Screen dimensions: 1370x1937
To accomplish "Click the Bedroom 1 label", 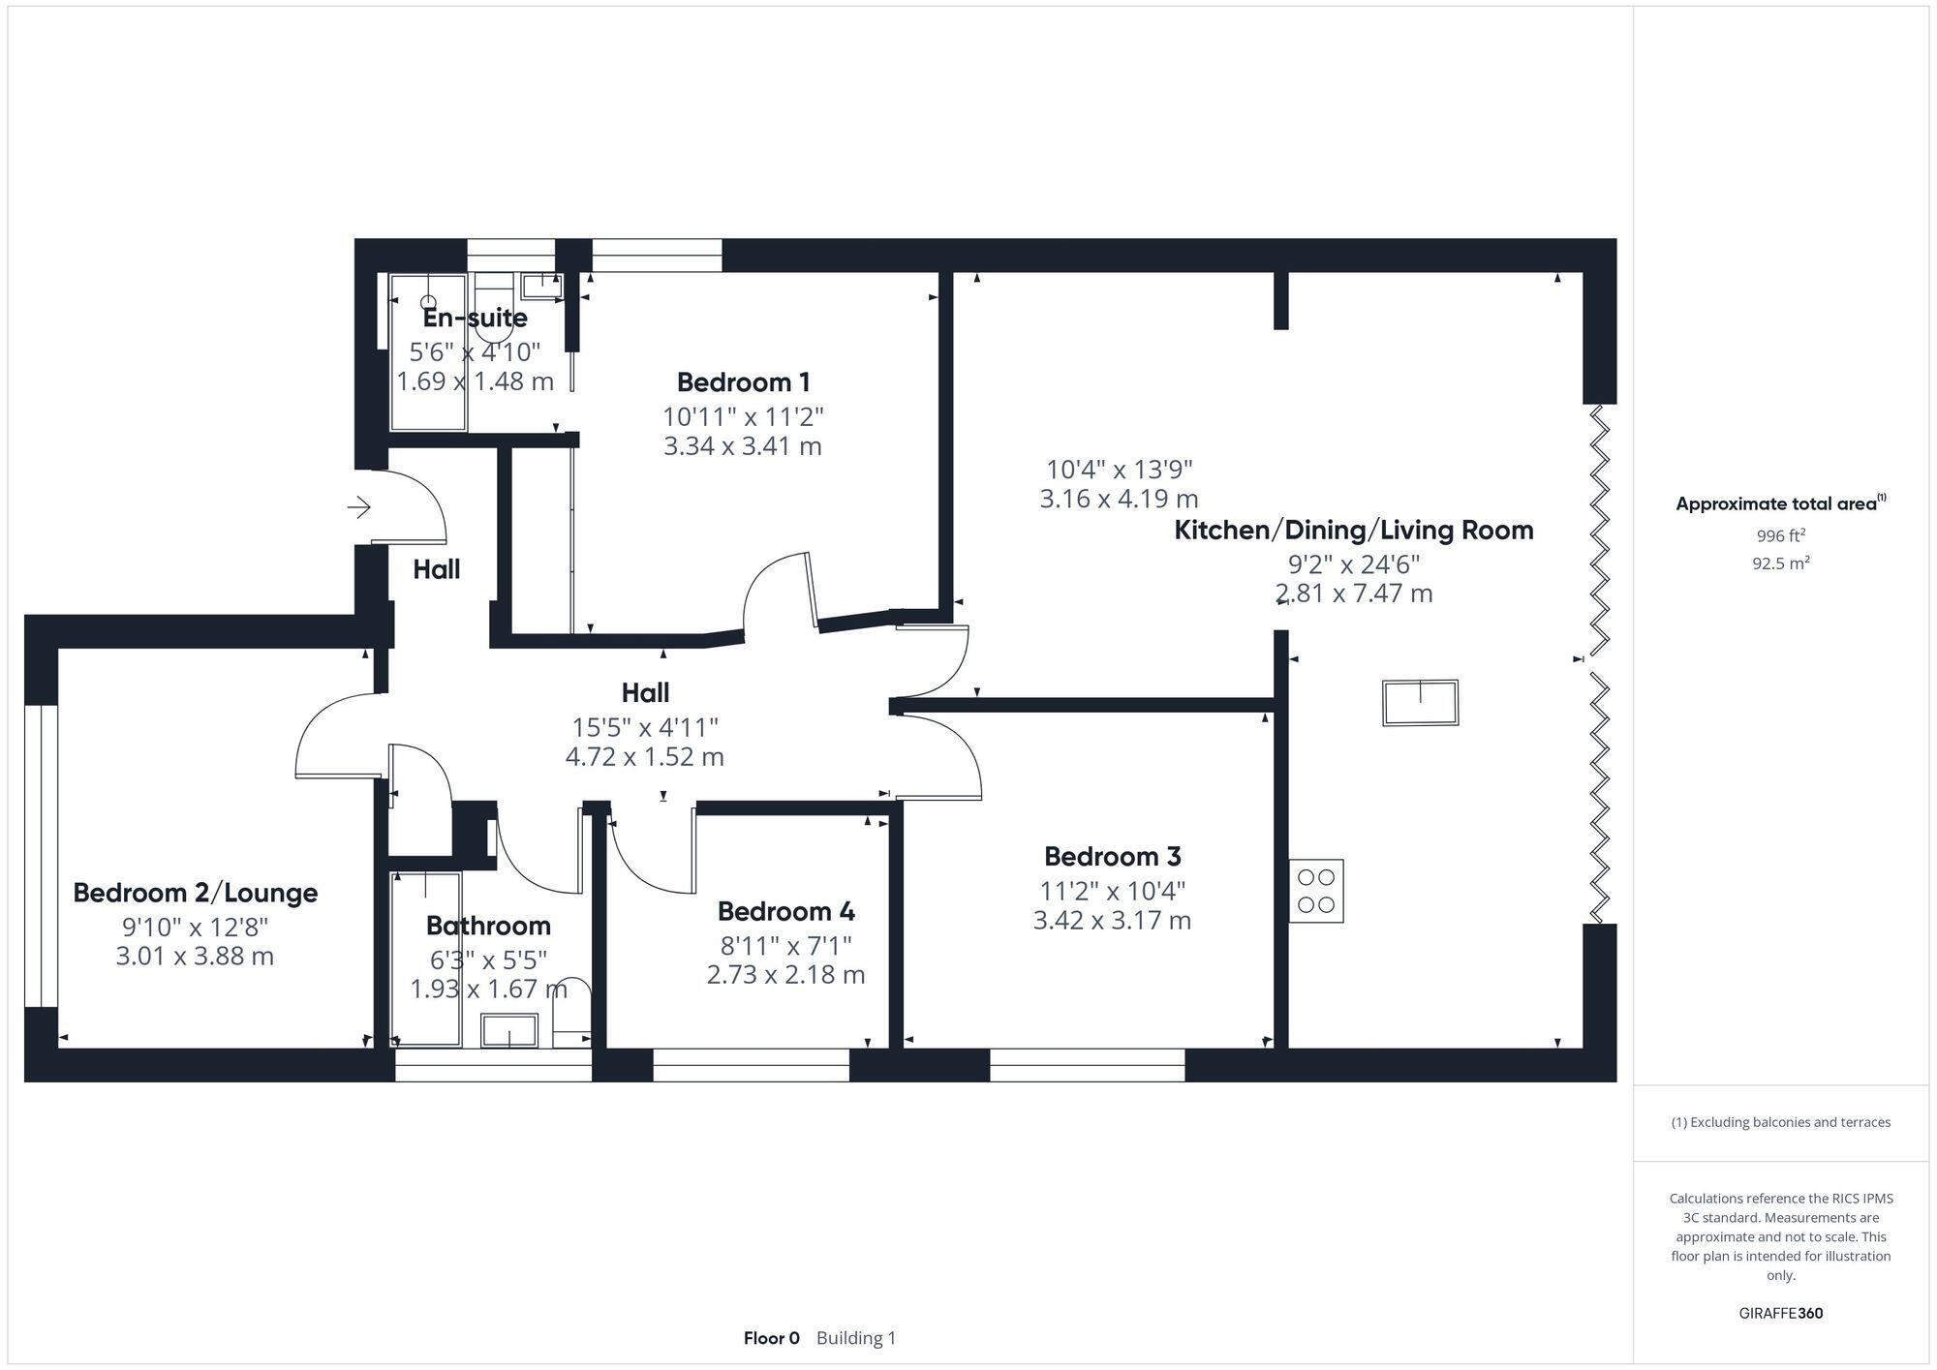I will click(x=743, y=382).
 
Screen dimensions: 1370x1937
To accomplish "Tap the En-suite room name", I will click(x=475, y=318).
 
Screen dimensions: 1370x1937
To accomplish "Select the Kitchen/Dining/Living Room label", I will click(x=1353, y=531).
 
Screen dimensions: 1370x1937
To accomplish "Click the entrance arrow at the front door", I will click(x=359, y=506).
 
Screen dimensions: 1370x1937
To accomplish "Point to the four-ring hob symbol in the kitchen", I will click(x=1315, y=891).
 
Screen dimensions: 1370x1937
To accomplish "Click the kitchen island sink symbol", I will click(x=1420, y=702).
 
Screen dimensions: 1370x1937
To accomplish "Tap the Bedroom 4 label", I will click(x=785, y=911).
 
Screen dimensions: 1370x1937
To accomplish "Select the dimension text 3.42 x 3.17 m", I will click(x=1112, y=920).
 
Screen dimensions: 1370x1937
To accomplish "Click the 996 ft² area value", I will click(x=1780, y=535).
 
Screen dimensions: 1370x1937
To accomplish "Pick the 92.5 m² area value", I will click(x=1780, y=563).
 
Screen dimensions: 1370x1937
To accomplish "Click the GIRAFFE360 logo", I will click(x=1780, y=1313).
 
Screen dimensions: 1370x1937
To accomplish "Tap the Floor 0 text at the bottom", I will click(x=771, y=1338).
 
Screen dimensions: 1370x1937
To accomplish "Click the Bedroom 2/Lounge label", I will click(x=195, y=893).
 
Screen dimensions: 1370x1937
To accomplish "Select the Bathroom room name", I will click(x=488, y=926).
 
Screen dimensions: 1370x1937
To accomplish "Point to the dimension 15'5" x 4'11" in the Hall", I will click(x=644, y=726).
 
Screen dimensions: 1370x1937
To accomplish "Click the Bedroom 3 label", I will click(x=1112, y=857).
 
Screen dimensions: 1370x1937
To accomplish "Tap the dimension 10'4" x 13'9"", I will click(x=1119, y=470).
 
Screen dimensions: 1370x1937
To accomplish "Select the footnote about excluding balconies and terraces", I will click(x=1780, y=1122).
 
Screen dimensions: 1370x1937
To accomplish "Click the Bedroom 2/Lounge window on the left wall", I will click(x=41, y=856).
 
